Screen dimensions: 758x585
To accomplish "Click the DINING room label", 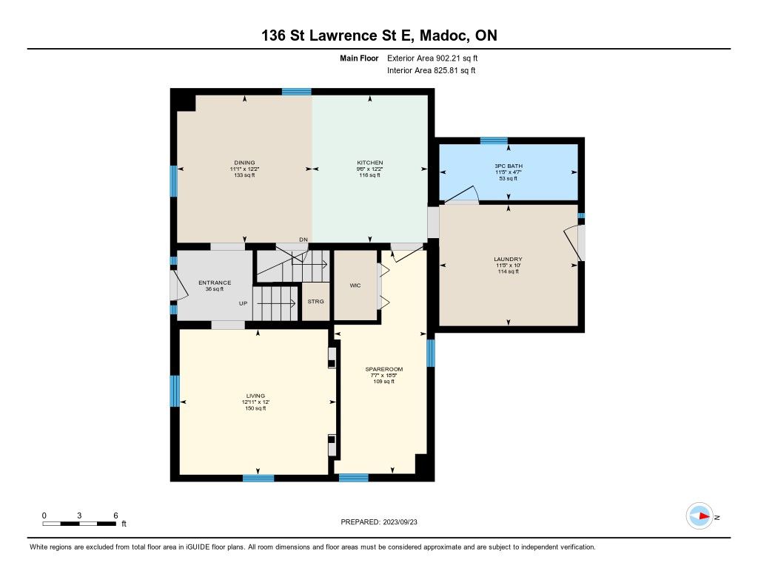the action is (x=244, y=163).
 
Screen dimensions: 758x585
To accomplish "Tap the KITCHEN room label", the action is (x=370, y=163).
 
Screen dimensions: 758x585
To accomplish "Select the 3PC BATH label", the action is (x=509, y=166).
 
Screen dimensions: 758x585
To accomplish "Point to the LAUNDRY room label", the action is (x=508, y=259).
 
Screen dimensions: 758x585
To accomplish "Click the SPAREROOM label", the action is (x=384, y=369).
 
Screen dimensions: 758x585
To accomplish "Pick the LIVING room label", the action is (x=255, y=396).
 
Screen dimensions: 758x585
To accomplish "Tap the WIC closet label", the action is (x=355, y=285).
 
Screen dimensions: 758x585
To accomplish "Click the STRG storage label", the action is (x=315, y=302).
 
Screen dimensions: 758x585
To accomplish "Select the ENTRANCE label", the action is (x=215, y=283).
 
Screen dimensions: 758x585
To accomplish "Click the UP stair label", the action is (x=243, y=303).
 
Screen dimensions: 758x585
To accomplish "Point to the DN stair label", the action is (x=303, y=240).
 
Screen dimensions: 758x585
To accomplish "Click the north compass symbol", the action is (x=700, y=516).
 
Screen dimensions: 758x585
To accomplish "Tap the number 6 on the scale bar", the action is (x=115, y=515).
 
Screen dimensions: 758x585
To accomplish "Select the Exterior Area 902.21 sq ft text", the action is (x=432, y=58).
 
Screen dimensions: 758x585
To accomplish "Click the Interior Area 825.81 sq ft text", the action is (x=432, y=70).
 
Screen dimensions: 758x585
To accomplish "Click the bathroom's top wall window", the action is (x=494, y=141).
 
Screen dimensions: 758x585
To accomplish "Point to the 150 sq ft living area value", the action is (x=255, y=408).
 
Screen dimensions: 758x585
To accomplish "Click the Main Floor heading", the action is (x=359, y=58).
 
